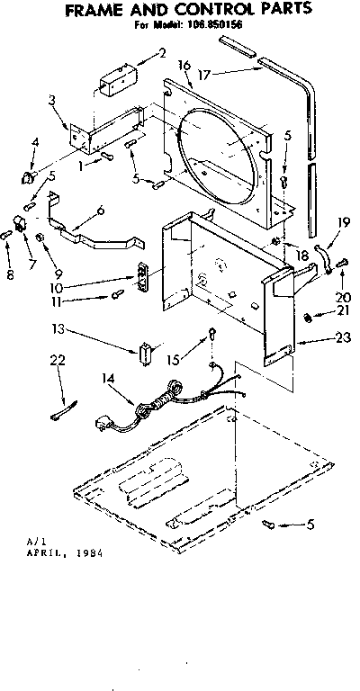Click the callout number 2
[162, 53]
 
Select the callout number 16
[184, 65]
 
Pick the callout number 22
[59, 360]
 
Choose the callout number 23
[316, 339]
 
